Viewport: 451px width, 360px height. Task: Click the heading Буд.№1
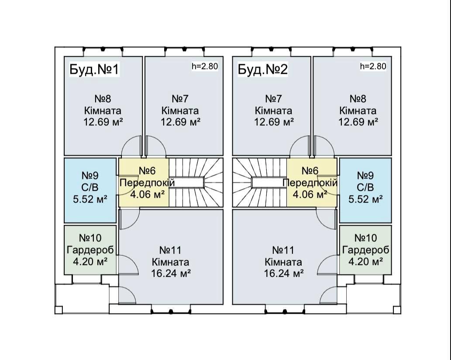94,69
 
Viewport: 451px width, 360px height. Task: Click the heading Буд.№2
263,69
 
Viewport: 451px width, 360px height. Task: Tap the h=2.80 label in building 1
205,66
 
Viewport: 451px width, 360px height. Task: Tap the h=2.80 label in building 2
373,66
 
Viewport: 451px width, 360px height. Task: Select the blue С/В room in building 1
90,190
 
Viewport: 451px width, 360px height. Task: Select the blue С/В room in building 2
365,190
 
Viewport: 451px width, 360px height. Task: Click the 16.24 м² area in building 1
171,273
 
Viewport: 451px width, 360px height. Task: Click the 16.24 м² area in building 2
284,273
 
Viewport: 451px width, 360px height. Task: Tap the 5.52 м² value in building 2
365,199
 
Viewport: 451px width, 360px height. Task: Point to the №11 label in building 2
284,250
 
